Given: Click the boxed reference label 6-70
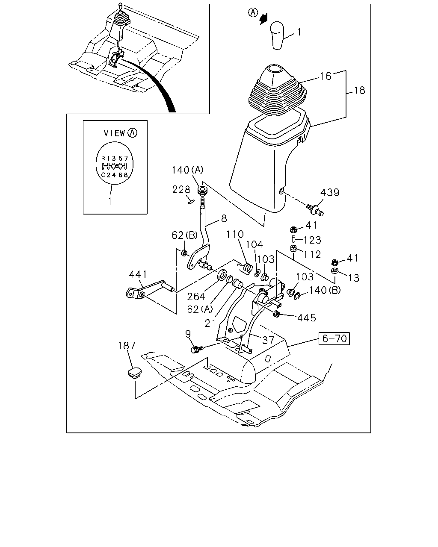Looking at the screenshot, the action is click(334, 338).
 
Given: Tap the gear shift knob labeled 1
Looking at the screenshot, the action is click(277, 35).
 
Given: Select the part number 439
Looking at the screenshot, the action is click(330, 193).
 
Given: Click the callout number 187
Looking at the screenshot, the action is click(127, 346).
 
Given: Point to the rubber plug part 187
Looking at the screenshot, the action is click(134, 372).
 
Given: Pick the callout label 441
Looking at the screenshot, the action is click(138, 274).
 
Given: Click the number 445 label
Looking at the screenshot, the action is click(306, 318).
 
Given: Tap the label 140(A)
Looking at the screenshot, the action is click(188, 170).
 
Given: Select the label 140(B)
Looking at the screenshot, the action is click(325, 290).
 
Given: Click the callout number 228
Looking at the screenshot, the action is click(181, 189).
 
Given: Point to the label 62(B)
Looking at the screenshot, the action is click(184, 235).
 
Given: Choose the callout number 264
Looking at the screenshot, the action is click(196, 297).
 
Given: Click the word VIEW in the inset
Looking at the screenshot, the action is click(114, 133).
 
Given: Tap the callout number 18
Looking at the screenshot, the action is click(359, 91).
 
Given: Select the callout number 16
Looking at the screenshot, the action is click(326, 76).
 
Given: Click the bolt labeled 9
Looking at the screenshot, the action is click(196, 349).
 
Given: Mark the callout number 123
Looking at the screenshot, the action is click(312, 240).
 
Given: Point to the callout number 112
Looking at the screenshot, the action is click(312, 254).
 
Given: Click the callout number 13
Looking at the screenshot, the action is click(353, 278).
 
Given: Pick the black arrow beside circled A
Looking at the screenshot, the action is click(263, 19).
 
